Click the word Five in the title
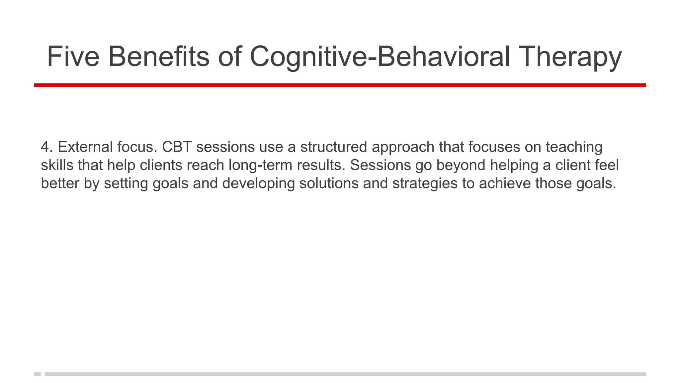tap(73, 57)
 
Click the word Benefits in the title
tap(159, 57)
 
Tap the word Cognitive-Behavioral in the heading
tap(379, 57)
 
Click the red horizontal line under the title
tap(340, 85)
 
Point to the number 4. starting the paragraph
tap(47, 147)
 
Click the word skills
tap(57, 165)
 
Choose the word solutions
tap(329, 183)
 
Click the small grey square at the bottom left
tap(37, 374)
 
